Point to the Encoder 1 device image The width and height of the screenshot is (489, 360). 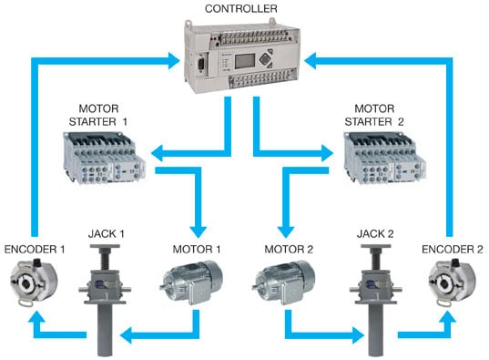pyautogui.click(x=31, y=283)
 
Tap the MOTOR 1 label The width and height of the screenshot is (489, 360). pyautogui.click(x=194, y=247)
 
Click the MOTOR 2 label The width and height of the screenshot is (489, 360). pyautogui.click(x=286, y=247)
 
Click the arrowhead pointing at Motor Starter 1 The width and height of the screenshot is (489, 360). pyautogui.click(x=154, y=153)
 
